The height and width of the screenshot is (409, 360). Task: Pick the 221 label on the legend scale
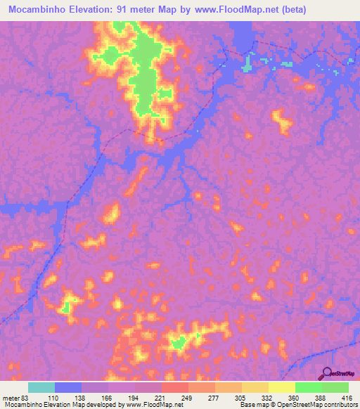162,398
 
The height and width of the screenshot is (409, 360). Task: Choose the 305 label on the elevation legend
242,398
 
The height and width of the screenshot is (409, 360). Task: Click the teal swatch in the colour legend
41,387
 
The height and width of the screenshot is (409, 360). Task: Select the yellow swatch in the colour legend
281,387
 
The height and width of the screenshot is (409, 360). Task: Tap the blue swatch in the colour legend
68,387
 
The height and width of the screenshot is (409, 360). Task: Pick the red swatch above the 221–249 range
174,387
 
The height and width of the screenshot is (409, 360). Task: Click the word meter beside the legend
9,398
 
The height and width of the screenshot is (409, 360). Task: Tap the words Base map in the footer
250,405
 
